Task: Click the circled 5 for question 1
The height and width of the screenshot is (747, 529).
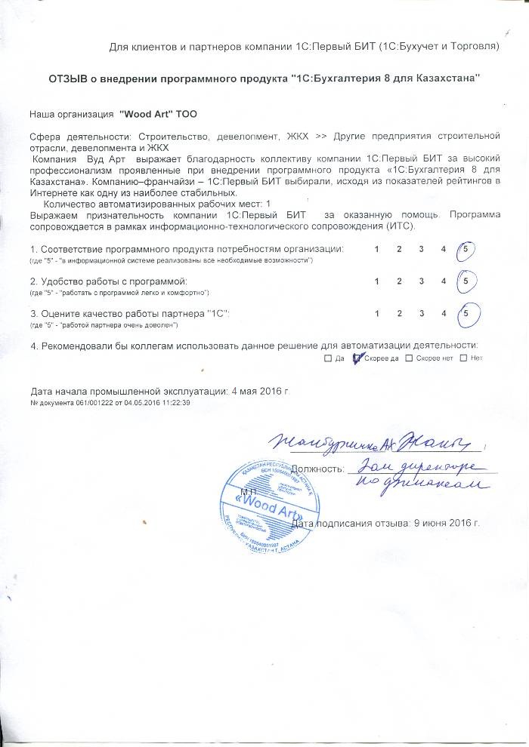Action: click(x=467, y=249)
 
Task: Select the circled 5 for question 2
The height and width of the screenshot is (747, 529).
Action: click(x=467, y=281)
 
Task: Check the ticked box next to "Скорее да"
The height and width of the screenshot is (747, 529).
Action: click(x=358, y=358)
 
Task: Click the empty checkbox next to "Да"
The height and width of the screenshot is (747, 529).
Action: click(x=328, y=358)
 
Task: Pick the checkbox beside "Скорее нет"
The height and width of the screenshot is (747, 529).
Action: click(x=409, y=358)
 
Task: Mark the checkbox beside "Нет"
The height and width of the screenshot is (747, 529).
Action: click(x=463, y=358)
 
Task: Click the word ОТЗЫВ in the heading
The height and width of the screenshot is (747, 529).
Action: click(x=71, y=79)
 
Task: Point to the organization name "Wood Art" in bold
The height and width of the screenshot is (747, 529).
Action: click(x=147, y=113)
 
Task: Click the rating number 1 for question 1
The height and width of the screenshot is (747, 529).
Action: click(x=376, y=249)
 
